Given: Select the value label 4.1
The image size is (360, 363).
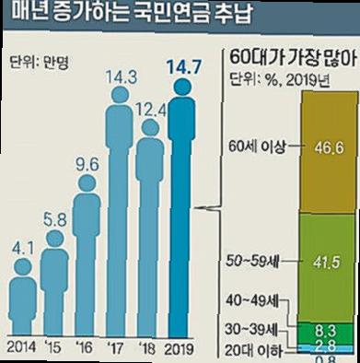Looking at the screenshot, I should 24,249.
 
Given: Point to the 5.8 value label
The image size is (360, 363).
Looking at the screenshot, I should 54,222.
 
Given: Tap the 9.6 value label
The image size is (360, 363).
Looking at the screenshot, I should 86,165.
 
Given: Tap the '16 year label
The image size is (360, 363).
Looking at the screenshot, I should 86,349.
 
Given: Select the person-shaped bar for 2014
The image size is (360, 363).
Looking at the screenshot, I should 25,304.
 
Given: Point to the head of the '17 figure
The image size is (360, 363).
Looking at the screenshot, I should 118,118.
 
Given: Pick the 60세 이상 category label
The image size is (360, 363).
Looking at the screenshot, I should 263,147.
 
